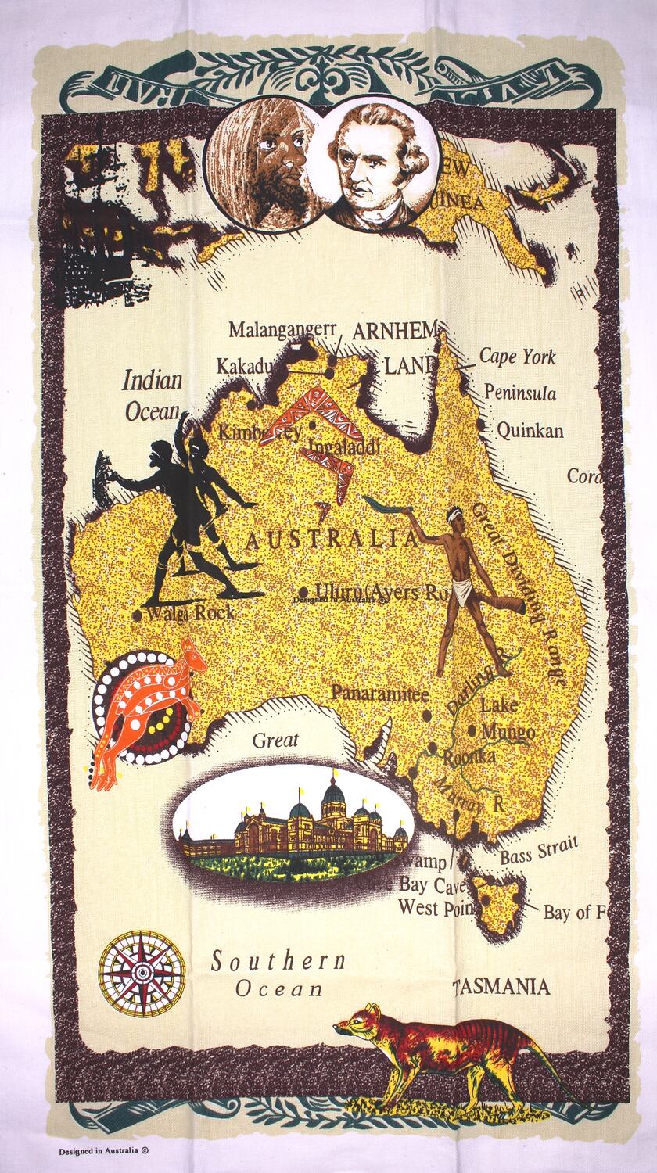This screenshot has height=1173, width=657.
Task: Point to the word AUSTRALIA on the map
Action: [331, 540]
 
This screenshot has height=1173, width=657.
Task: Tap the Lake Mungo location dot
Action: [472, 731]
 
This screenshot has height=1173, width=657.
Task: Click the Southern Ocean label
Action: [278, 974]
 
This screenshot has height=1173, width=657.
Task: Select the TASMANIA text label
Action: [501, 987]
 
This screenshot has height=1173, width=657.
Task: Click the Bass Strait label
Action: [539, 849]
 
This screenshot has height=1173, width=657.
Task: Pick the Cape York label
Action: [517, 357]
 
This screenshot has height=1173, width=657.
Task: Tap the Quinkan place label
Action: [530, 429]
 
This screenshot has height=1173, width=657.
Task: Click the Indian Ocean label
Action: [153, 396]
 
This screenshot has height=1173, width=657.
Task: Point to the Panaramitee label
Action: [379, 693]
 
